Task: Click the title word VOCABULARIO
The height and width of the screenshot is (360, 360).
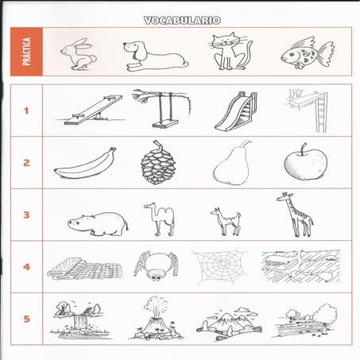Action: click(182, 21)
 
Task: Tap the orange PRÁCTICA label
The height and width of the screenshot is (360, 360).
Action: click(26, 52)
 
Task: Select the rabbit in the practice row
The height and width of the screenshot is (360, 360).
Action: click(79, 54)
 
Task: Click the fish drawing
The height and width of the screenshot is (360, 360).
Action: click(308, 53)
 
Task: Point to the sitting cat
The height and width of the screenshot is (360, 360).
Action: click(230, 52)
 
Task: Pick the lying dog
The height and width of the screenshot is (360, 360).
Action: click(155, 56)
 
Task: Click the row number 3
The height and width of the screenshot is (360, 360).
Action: click(26, 215)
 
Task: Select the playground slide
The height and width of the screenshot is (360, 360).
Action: click(236, 111)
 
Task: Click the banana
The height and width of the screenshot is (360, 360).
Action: click(86, 165)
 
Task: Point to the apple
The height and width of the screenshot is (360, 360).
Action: click(305, 162)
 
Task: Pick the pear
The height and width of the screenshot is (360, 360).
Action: click(232, 165)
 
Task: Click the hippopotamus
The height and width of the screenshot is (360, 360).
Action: click(98, 223)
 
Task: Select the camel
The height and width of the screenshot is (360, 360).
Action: click(161, 219)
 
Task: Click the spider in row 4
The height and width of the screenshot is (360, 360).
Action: click(156, 265)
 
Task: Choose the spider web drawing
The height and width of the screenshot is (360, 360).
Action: click(220, 265)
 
